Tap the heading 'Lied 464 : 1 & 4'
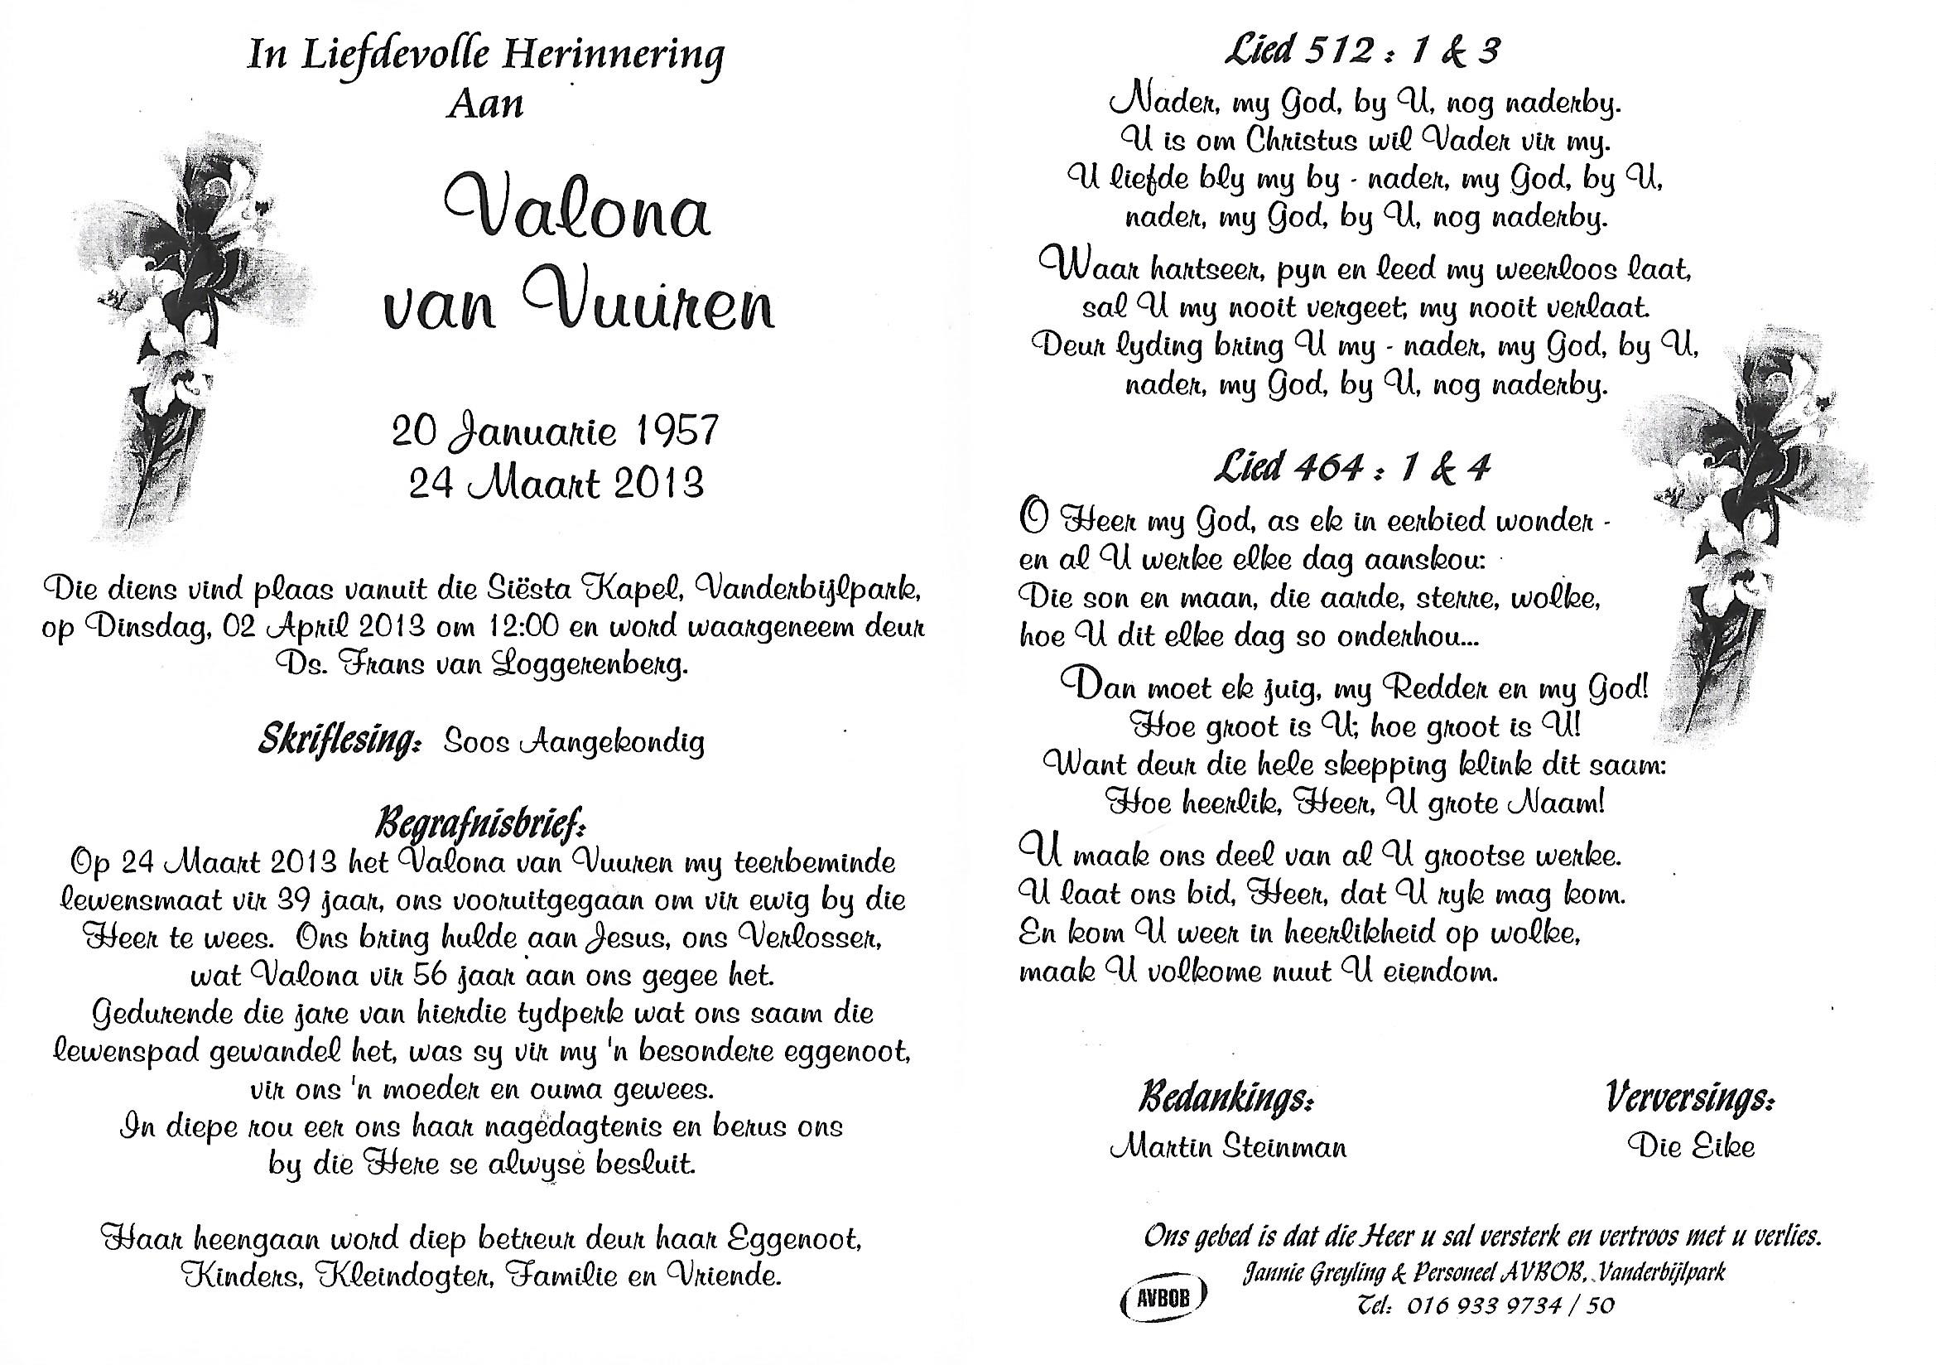point(1351,467)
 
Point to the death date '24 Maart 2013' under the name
point(556,485)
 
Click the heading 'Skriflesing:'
point(339,741)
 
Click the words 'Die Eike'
point(1692,1146)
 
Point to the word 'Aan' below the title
point(485,104)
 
